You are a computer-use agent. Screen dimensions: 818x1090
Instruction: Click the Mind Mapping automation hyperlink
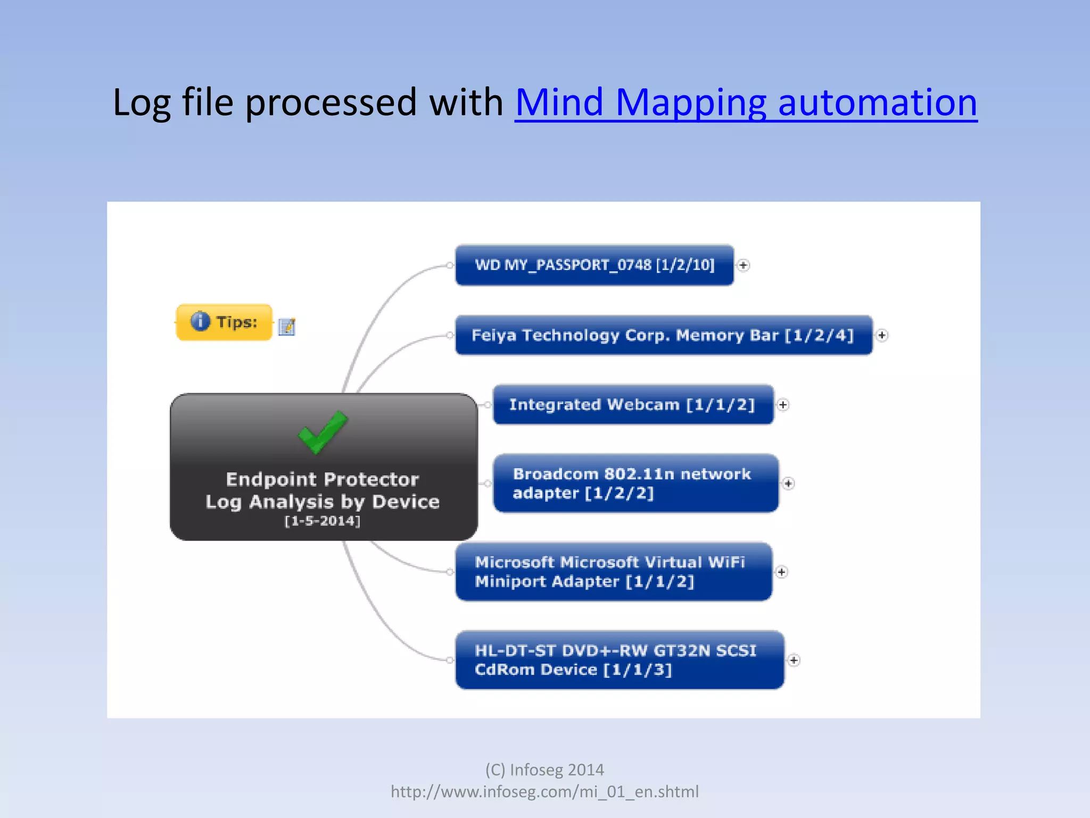click(x=746, y=102)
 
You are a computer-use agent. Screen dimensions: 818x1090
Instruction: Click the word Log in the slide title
click(x=141, y=102)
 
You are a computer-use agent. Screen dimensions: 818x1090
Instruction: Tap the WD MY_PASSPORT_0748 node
click(x=594, y=265)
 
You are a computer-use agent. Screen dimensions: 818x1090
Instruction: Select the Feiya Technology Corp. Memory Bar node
click(x=663, y=335)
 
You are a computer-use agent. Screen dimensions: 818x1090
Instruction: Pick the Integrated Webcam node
click(x=632, y=405)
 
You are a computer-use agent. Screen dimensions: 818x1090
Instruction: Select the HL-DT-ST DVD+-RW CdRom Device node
click(x=619, y=660)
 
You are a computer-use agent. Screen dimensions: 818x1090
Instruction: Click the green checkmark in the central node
click(x=323, y=432)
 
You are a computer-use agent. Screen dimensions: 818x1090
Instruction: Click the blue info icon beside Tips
click(x=200, y=321)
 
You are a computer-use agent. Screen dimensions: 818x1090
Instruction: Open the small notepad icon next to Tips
click(x=286, y=326)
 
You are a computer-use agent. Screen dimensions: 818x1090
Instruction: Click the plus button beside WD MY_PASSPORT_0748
click(x=744, y=265)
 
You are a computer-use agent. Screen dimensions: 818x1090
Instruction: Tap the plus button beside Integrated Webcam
click(x=782, y=405)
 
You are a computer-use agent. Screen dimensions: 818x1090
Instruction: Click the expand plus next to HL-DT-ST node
click(x=794, y=660)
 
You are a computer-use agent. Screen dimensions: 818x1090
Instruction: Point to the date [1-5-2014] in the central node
click(x=323, y=521)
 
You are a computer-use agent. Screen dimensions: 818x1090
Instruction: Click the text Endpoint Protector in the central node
click(x=323, y=479)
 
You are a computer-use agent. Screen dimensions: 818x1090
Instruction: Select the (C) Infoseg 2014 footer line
click(x=544, y=770)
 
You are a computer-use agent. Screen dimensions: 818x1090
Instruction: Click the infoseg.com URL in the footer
click(x=544, y=791)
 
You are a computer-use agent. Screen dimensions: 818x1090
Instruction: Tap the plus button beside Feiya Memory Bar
click(x=882, y=335)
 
